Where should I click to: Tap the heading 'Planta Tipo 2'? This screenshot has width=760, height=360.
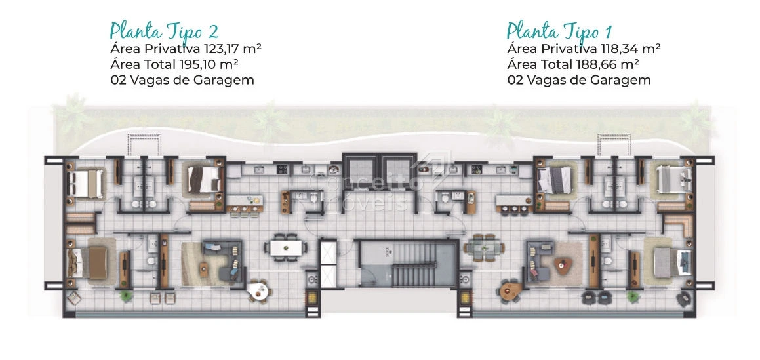tap(164, 31)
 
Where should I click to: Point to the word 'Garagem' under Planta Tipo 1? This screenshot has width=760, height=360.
tap(626, 81)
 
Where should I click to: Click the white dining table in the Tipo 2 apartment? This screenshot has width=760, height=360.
tap(285, 248)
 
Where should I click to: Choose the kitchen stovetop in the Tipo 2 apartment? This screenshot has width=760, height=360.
tap(282, 169)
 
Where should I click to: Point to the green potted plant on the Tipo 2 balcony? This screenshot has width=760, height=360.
tap(126, 296)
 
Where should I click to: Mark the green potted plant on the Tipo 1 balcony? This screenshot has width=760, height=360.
tap(632, 296)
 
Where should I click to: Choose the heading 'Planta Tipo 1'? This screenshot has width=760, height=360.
tap(559, 31)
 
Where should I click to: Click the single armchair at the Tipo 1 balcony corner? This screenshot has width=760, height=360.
tap(683, 299)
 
